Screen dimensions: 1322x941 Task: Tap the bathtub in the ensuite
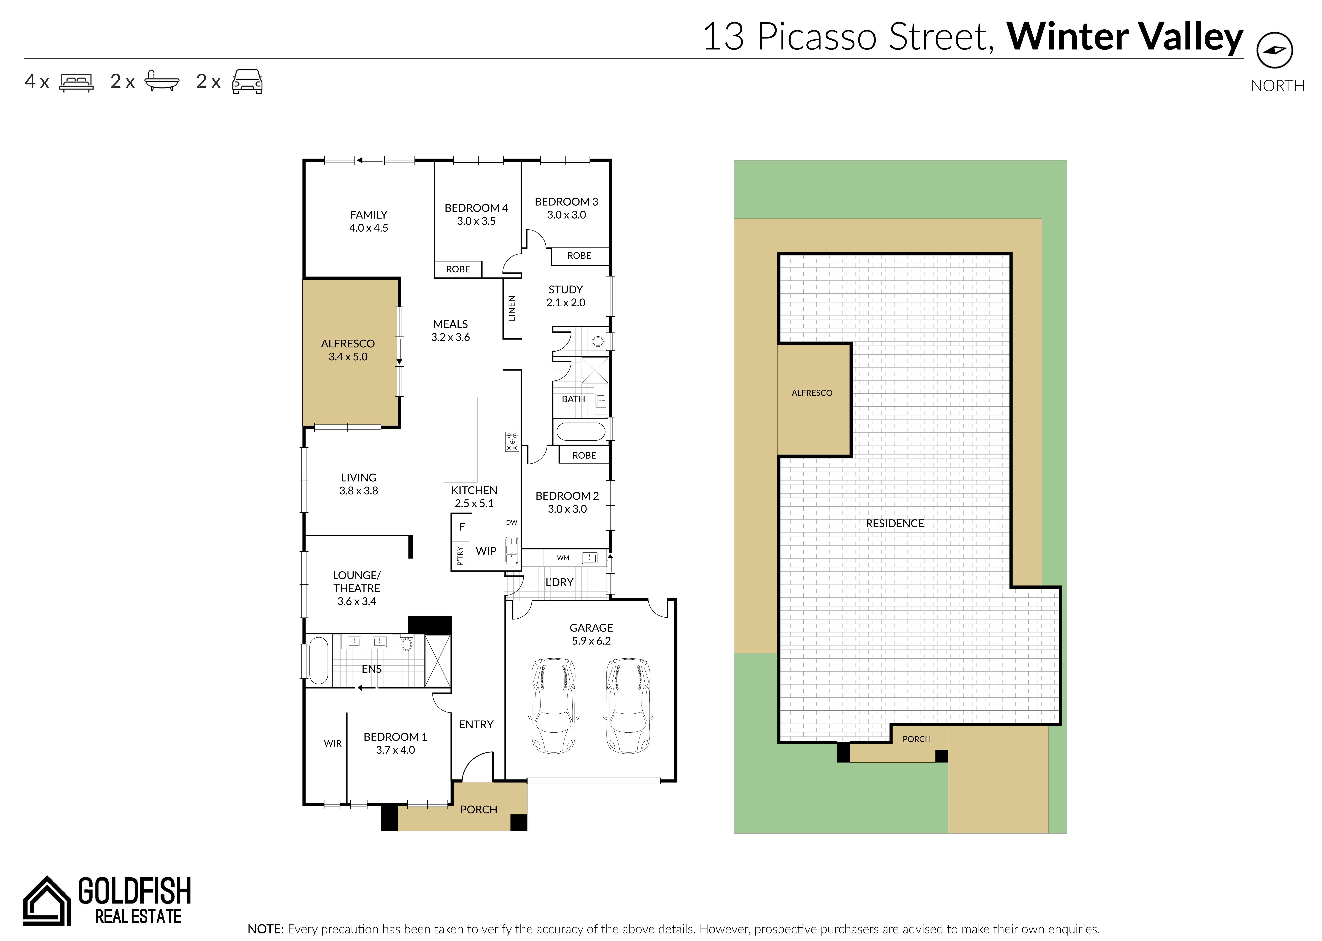[319, 661]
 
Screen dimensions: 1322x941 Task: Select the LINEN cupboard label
[512, 308]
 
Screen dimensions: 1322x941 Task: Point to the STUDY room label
[566, 289]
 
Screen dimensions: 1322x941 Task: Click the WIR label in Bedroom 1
[333, 743]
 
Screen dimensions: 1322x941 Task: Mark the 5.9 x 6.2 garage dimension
[591, 641]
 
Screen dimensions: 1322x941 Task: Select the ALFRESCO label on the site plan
[812, 393]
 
